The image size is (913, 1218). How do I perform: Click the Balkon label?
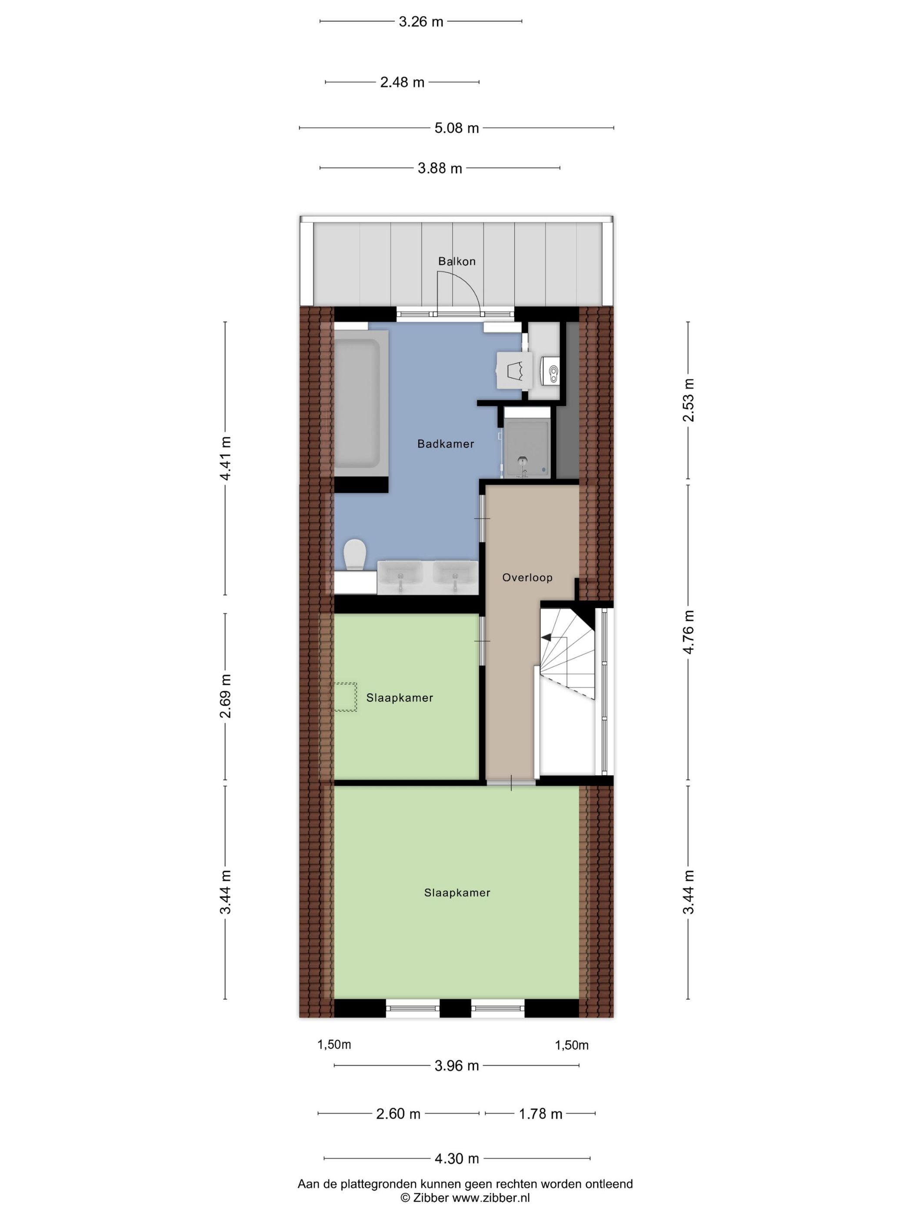(x=456, y=261)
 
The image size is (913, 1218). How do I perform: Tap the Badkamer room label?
(x=445, y=444)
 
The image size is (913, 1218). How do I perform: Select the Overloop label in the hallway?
(x=526, y=578)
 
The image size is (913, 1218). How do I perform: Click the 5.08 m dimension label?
(x=456, y=128)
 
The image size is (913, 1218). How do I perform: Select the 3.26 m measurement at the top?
(x=420, y=22)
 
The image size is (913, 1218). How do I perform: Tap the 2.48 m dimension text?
(x=402, y=83)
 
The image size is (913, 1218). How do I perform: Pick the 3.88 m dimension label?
(x=439, y=168)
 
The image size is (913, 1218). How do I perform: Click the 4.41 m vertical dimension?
(x=225, y=458)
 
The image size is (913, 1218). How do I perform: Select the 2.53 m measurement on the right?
(x=688, y=400)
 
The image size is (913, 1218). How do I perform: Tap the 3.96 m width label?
(x=456, y=1065)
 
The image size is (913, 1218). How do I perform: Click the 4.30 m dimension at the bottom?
(x=456, y=1158)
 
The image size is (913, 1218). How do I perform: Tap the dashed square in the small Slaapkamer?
(x=344, y=697)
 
